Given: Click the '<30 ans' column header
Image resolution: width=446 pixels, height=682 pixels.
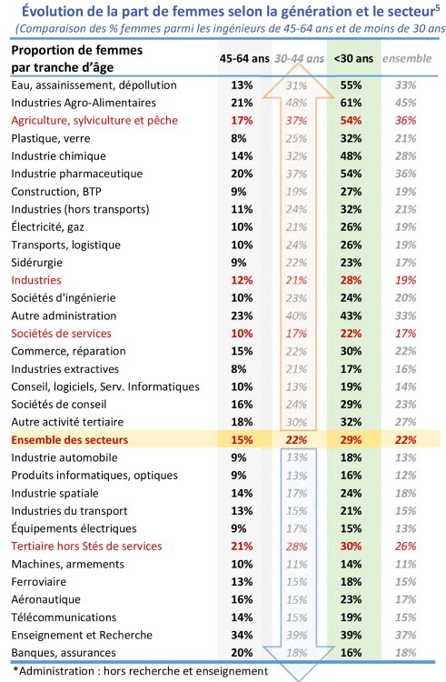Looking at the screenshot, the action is coord(353,59).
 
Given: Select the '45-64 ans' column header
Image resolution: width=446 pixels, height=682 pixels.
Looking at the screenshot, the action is coord(244,59).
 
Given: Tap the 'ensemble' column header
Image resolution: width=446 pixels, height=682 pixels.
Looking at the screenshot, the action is coord(407,59).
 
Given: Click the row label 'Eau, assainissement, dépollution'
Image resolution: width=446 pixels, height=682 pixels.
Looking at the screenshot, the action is coord(94,85).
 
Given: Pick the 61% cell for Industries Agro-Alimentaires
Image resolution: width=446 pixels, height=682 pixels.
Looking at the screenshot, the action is coord(351,103).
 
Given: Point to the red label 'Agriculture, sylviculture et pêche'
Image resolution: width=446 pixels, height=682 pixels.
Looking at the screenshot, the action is coord(94,121).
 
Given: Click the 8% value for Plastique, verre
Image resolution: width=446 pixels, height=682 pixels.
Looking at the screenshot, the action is coord(239,139).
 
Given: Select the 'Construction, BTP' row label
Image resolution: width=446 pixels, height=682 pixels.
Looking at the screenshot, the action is coord(56,192).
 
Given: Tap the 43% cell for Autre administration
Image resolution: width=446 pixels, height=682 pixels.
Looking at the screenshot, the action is coord(351,316).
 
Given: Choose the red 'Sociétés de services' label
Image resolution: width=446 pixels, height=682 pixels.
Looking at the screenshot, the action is coord(61,334).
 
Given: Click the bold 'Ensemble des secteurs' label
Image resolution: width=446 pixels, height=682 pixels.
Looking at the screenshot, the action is coord(69,440).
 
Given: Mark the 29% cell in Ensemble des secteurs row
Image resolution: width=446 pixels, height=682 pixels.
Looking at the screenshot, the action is coord(351,440).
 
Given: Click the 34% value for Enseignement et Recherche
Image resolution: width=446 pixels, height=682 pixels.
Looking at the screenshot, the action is coord(242,636).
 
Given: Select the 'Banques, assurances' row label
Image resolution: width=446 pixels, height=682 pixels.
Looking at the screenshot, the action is coord(64,653).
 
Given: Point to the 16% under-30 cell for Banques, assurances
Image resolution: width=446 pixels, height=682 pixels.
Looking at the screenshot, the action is coord(351,653).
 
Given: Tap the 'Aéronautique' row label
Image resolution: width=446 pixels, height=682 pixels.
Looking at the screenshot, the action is coord(45,600).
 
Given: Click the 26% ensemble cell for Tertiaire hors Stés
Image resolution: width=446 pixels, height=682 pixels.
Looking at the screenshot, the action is coord(406,547).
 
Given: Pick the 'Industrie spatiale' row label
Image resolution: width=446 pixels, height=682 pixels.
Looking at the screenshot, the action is coord(55,494).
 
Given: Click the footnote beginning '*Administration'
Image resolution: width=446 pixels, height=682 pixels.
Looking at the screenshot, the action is coord(140,672).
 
